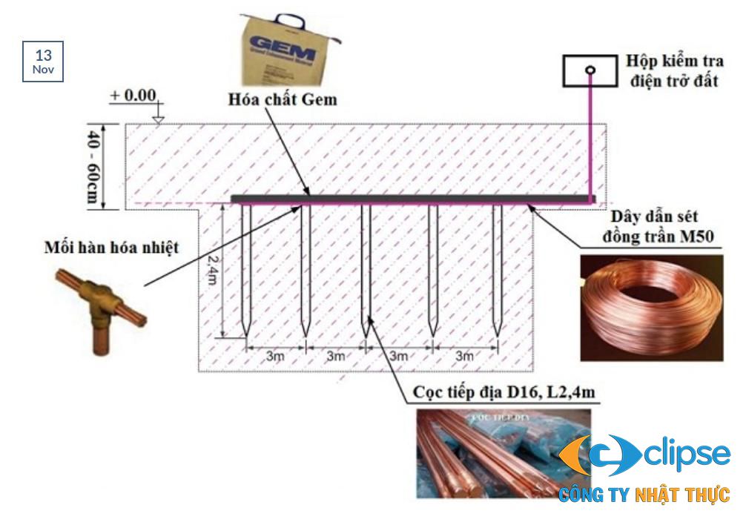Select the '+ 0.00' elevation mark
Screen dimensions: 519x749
(x=133, y=96)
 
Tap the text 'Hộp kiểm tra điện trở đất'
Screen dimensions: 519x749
(x=674, y=70)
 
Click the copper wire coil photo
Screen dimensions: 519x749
(x=650, y=307)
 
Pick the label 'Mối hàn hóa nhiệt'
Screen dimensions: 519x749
(x=111, y=247)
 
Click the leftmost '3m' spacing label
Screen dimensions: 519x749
(x=276, y=356)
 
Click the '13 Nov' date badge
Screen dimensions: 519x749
(x=43, y=62)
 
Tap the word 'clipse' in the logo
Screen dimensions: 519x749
(x=687, y=453)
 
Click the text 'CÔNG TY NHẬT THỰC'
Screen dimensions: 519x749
(x=644, y=495)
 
